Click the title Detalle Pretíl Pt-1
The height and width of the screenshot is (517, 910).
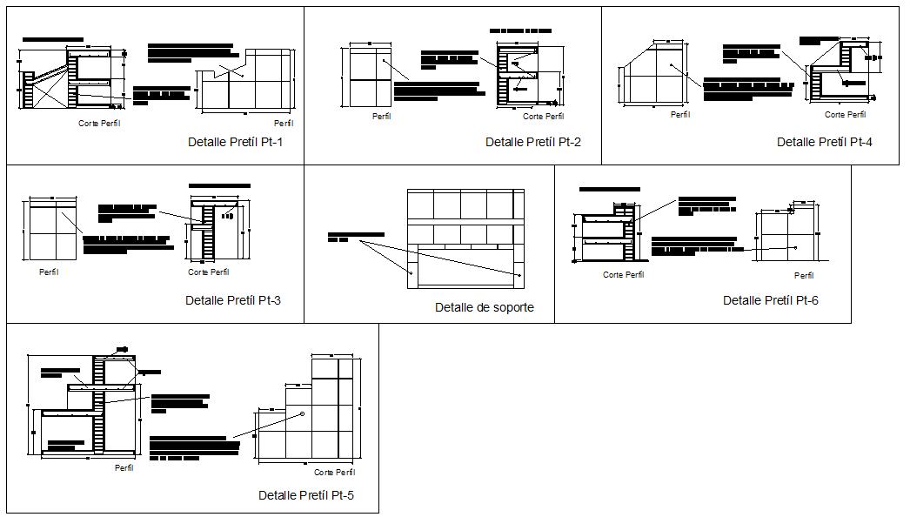pyautogui.click(x=236, y=142)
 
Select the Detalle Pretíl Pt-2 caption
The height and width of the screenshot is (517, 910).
pyautogui.click(x=533, y=142)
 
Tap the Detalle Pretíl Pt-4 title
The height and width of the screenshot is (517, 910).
pyautogui.click(x=825, y=142)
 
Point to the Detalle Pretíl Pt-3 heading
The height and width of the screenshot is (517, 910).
pyautogui.click(x=233, y=300)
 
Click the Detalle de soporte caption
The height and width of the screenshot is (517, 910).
pyautogui.click(x=485, y=307)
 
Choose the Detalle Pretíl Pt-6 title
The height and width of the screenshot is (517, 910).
pyautogui.click(x=771, y=300)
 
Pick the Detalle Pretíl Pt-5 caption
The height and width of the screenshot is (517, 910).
pyautogui.click(x=306, y=495)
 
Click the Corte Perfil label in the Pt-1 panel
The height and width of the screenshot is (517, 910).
pyautogui.click(x=99, y=124)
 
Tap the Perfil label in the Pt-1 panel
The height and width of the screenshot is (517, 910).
pyautogui.click(x=284, y=124)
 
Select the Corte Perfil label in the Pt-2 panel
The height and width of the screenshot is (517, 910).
pyautogui.click(x=545, y=116)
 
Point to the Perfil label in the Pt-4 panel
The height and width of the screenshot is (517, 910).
pyautogui.click(x=680, y=114)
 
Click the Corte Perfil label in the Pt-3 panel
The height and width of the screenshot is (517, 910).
pyautogui.click(x=209, y=272)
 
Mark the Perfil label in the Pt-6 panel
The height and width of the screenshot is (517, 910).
pyautogui.click(x=804, y=275)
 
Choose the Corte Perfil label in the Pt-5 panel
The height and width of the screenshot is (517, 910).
pyautogui.click(x=336, y=472)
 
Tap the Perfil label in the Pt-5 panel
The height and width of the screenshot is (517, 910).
pyautogui.click(x=124, y=467)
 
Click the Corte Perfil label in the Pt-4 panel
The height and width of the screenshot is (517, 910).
pyautogui.click(x=846, y=114)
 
